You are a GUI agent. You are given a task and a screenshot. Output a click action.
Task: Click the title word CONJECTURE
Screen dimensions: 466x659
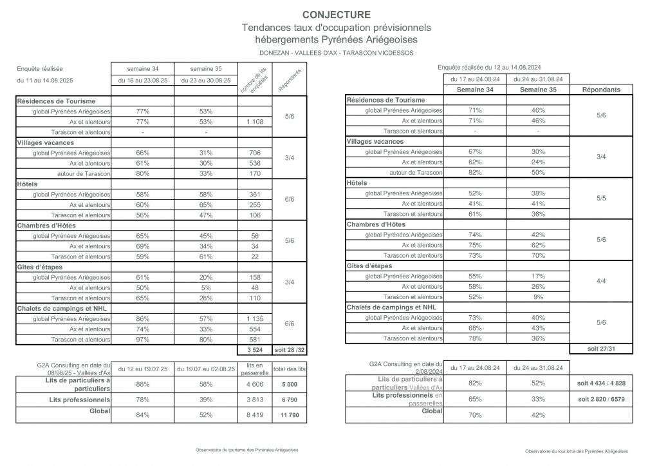[x=336, y=15]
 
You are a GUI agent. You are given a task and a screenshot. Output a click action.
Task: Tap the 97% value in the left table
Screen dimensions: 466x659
[x=143, y=339]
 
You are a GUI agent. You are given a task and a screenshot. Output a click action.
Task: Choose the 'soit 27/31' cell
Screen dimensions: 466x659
[x=601, y=349]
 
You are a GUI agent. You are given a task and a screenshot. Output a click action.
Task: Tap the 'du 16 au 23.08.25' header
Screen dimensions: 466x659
[x=143, y=80]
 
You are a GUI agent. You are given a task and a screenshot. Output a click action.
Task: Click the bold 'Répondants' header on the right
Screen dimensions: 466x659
[x=601, y=90]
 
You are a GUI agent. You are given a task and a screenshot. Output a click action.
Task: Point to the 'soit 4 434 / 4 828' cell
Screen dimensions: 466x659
[x=601, y=383]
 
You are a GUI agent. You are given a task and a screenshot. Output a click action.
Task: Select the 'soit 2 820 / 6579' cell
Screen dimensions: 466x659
[x=601, y=399]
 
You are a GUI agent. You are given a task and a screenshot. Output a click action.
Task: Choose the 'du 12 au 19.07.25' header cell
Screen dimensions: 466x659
[x=143, y=367]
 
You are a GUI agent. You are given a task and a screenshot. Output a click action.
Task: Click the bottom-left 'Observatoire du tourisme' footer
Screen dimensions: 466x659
[x=246, y=451]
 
